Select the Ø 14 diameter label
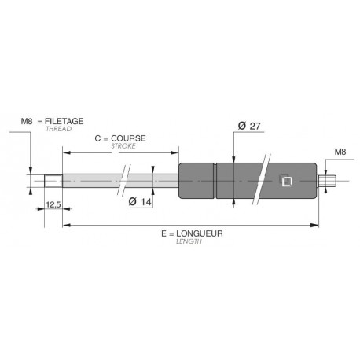coord(140,202)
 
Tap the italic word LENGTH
coord(189,241)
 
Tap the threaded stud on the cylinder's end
coord(326,182)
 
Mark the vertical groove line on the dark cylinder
coord(215,182)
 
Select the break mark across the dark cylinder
coord(263,182)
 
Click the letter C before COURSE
coord(97,138)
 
